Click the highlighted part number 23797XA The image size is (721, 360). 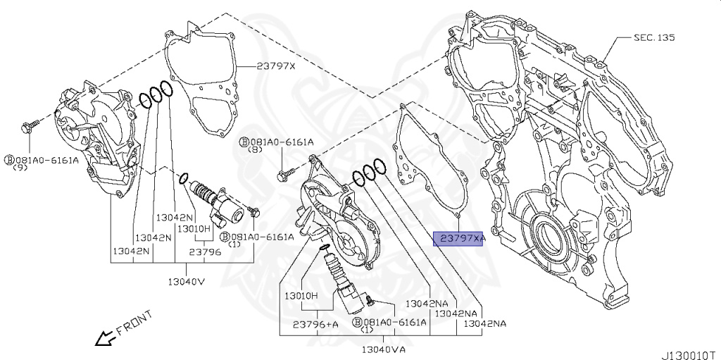[459, 240]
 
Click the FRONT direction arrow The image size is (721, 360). [106, 339]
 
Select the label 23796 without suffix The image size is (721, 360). [205, 251]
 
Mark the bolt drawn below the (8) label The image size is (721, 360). [286, 171]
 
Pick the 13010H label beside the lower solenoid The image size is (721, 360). [301, 294]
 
